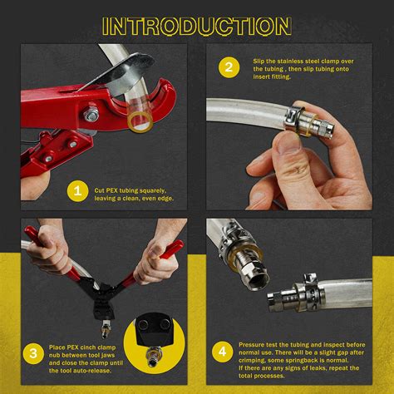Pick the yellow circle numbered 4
click(222, 354)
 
